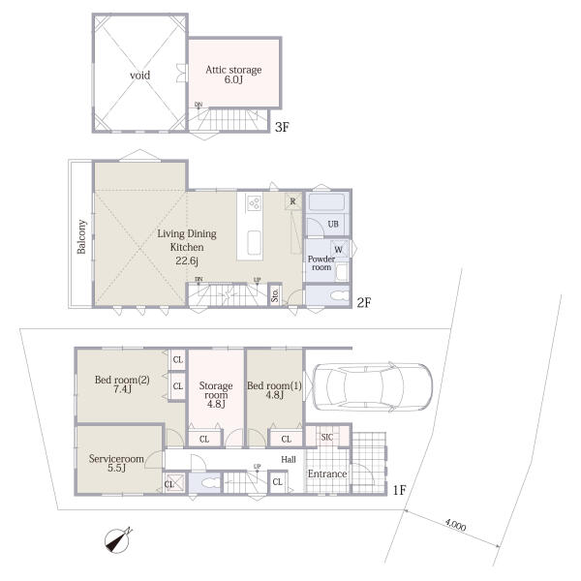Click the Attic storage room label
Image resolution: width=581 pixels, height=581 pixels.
point(233,70)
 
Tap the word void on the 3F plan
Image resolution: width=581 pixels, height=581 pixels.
point(139,76)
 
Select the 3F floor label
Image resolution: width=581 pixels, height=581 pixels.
point(282,128)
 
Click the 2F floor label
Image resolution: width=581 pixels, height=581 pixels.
point(364,303)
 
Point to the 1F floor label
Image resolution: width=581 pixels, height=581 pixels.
point(399,490)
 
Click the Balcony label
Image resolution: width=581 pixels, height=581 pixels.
point(81,237)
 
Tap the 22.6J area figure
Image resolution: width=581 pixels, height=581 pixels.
point(187,260)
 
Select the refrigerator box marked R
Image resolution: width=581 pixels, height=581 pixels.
point(293,201)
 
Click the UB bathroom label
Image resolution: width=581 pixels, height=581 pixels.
point(333,224)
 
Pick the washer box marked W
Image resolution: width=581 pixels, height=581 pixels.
point(339,249)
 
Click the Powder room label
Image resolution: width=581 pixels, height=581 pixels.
point(321,262)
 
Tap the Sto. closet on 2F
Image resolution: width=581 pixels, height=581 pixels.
point(275,295)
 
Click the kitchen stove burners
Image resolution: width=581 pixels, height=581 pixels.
point(255,203)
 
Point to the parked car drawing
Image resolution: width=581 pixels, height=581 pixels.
point(373,386)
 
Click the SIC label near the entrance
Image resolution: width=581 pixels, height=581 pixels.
point(327,438)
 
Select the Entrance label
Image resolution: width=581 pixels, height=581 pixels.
point(327,474)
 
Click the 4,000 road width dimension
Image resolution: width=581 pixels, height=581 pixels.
point(455,525)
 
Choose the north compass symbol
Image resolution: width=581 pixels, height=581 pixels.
point(118,540)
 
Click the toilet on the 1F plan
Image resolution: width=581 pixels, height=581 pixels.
point(210,483)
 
